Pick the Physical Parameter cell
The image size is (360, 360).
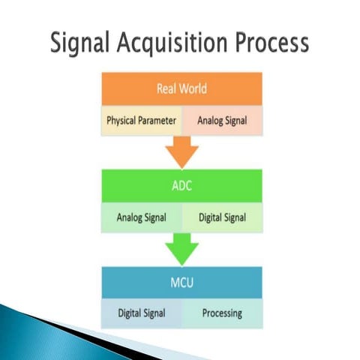coord(141,120)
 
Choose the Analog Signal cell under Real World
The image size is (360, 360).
coord(222,120)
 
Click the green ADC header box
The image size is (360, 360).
coord(181,186)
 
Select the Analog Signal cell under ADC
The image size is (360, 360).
coord(141,218)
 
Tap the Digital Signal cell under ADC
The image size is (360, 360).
coord(222,218)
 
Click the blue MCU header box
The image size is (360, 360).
coord(181,283)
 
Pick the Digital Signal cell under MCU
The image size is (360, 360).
coord(141,313)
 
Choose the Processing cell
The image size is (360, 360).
coord(222,313)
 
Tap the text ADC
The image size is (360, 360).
coord(181,186)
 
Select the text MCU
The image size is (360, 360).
coord(181,283)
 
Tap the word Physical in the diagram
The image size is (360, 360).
coord(121,120)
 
